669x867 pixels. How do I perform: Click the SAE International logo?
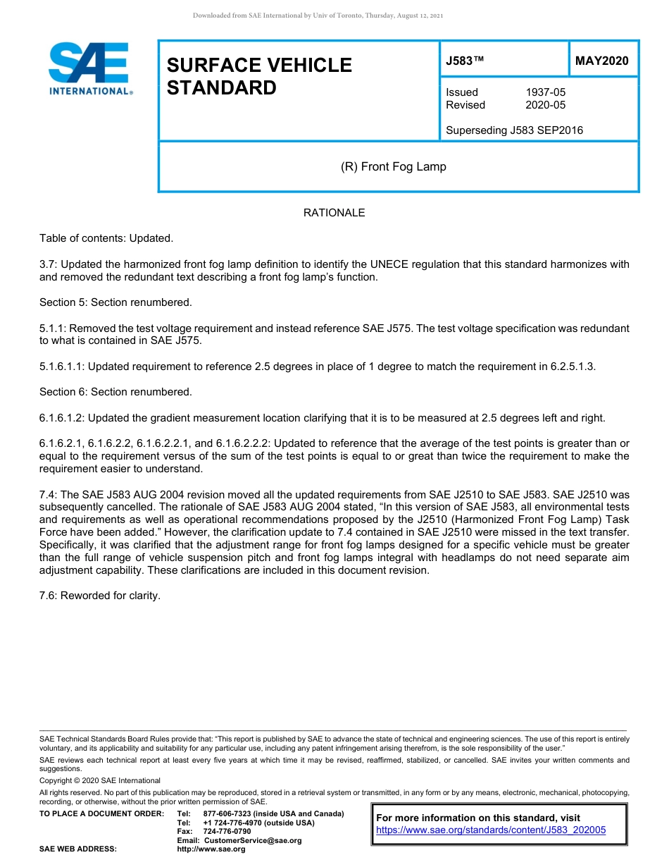pos(90,68)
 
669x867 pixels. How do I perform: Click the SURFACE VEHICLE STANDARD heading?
pos(259,76)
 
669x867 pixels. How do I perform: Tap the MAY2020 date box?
pos(602,61)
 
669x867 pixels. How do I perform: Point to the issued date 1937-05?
pos(545,92)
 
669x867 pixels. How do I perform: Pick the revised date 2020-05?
pos(545,105)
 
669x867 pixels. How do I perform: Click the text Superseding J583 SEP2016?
pos(514,130)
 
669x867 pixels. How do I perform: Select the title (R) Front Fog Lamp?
pos(393,167)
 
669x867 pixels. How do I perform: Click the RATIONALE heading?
pos(334,213)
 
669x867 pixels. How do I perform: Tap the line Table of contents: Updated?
pos(106,238)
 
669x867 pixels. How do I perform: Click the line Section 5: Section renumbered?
pos(115,302)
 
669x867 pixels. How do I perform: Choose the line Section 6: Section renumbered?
pos(115,392)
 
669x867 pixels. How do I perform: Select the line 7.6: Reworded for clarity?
pos(100,596)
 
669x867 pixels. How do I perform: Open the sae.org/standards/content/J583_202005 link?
pos(491,830)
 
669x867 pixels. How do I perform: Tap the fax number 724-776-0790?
pos(227,832)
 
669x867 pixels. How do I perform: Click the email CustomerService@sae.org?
pos(252,840)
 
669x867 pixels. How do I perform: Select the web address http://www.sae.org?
pos(211,849)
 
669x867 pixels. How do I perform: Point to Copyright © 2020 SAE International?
pos(100,781)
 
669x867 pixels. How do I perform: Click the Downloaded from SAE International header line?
pos(318,16)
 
